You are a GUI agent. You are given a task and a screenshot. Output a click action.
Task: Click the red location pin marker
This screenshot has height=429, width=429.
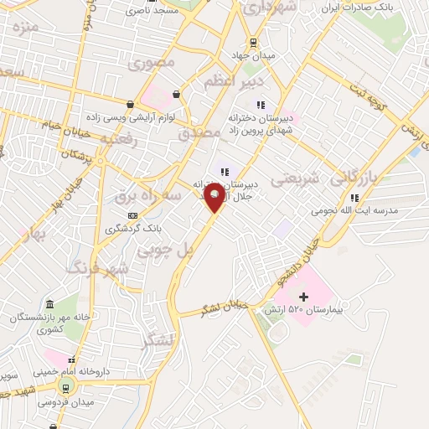(x=215, y=197)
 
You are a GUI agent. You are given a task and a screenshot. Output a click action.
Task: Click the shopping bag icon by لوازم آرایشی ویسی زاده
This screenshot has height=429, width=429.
(x=131, y=105)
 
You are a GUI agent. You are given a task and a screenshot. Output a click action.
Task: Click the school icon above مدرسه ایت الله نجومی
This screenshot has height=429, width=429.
(x=354, y=198)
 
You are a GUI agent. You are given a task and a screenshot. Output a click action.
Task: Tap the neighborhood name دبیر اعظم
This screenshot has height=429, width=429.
(x=235, y=81)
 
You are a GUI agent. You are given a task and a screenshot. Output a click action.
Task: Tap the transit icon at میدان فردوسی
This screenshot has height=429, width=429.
(x=65, y=388)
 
